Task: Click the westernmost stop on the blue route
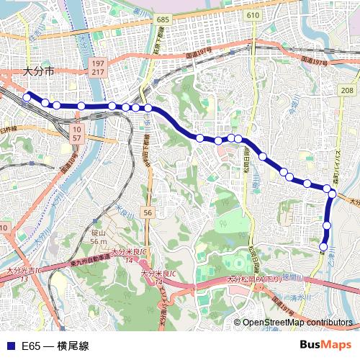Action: [27, 96]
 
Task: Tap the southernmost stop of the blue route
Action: [326, 242]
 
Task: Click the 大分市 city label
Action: [38, 71]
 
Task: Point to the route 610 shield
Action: [252, 15]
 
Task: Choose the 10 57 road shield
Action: [76, 132]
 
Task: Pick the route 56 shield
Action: [148, 213]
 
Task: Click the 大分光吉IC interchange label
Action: [23, 271]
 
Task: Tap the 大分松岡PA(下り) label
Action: [254, 279]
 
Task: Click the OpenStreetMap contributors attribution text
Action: [297, 323]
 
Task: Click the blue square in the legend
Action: [9, 346]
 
